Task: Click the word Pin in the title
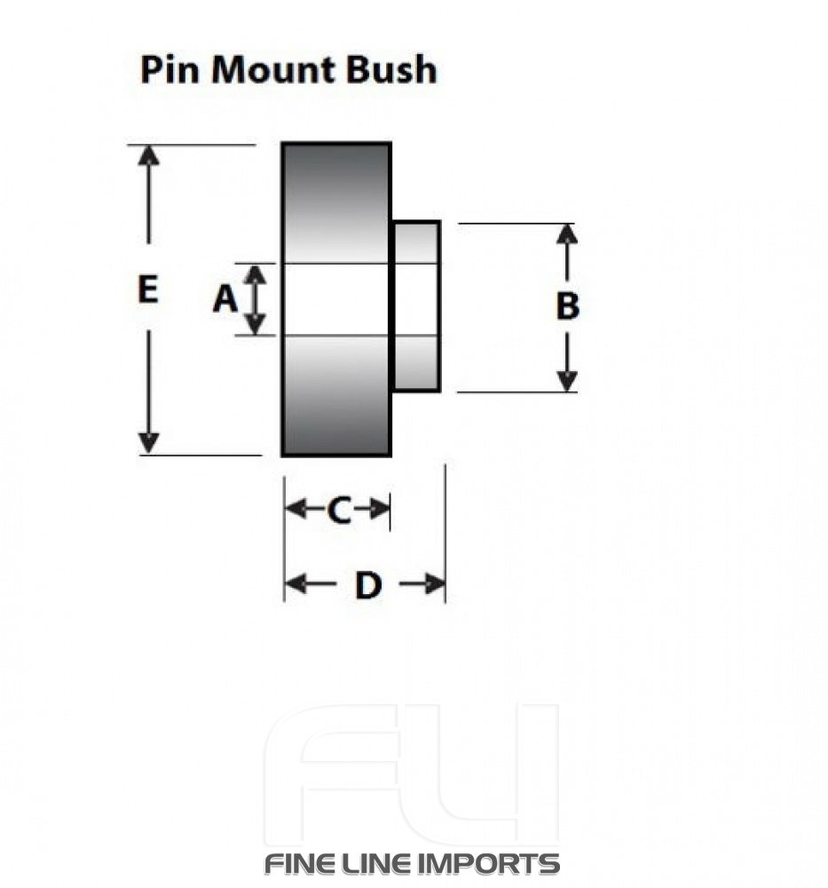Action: pos(168,70)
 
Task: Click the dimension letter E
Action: pos(147,290)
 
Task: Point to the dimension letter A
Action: pos(225,300)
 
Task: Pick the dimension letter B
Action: pos(567,306)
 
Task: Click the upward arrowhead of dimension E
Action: pos(149,155)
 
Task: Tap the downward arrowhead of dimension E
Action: pos(149,442)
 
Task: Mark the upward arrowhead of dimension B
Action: pos(567,234)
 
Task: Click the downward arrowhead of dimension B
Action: pos(567,380)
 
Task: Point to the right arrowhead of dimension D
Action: pos(434,584)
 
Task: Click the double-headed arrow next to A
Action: pos(256,300)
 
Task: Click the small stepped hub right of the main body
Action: pos(416,306)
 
